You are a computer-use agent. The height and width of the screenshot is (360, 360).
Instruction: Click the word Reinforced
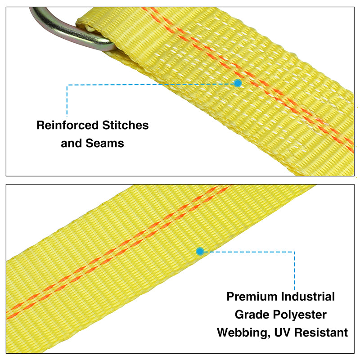pos(67,126)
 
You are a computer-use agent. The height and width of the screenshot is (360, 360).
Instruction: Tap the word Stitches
pos(126,126)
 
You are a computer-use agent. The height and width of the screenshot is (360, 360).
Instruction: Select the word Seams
pos(105,143)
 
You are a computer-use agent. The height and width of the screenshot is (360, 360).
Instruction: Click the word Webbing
pos(243,333)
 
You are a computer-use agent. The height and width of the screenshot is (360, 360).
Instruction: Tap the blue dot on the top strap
pos(238,83)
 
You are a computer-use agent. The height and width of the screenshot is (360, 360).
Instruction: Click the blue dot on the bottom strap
pos(200,252)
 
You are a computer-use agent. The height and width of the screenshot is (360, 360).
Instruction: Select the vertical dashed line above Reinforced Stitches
pos(67,100)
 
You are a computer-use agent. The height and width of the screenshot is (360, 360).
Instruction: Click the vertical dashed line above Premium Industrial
pos(294,271)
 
